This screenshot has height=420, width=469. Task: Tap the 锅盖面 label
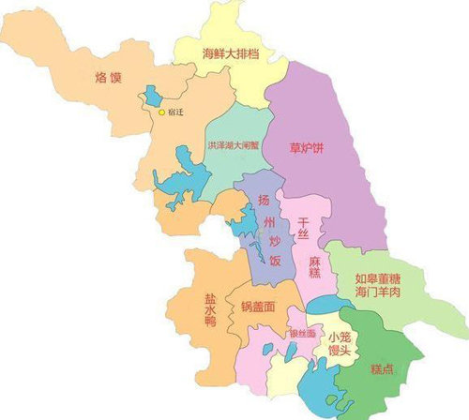(x=257, y=307)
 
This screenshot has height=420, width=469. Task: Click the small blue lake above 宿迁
(x=150, y=96)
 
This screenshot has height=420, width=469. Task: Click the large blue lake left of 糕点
(x=319, y=384)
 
